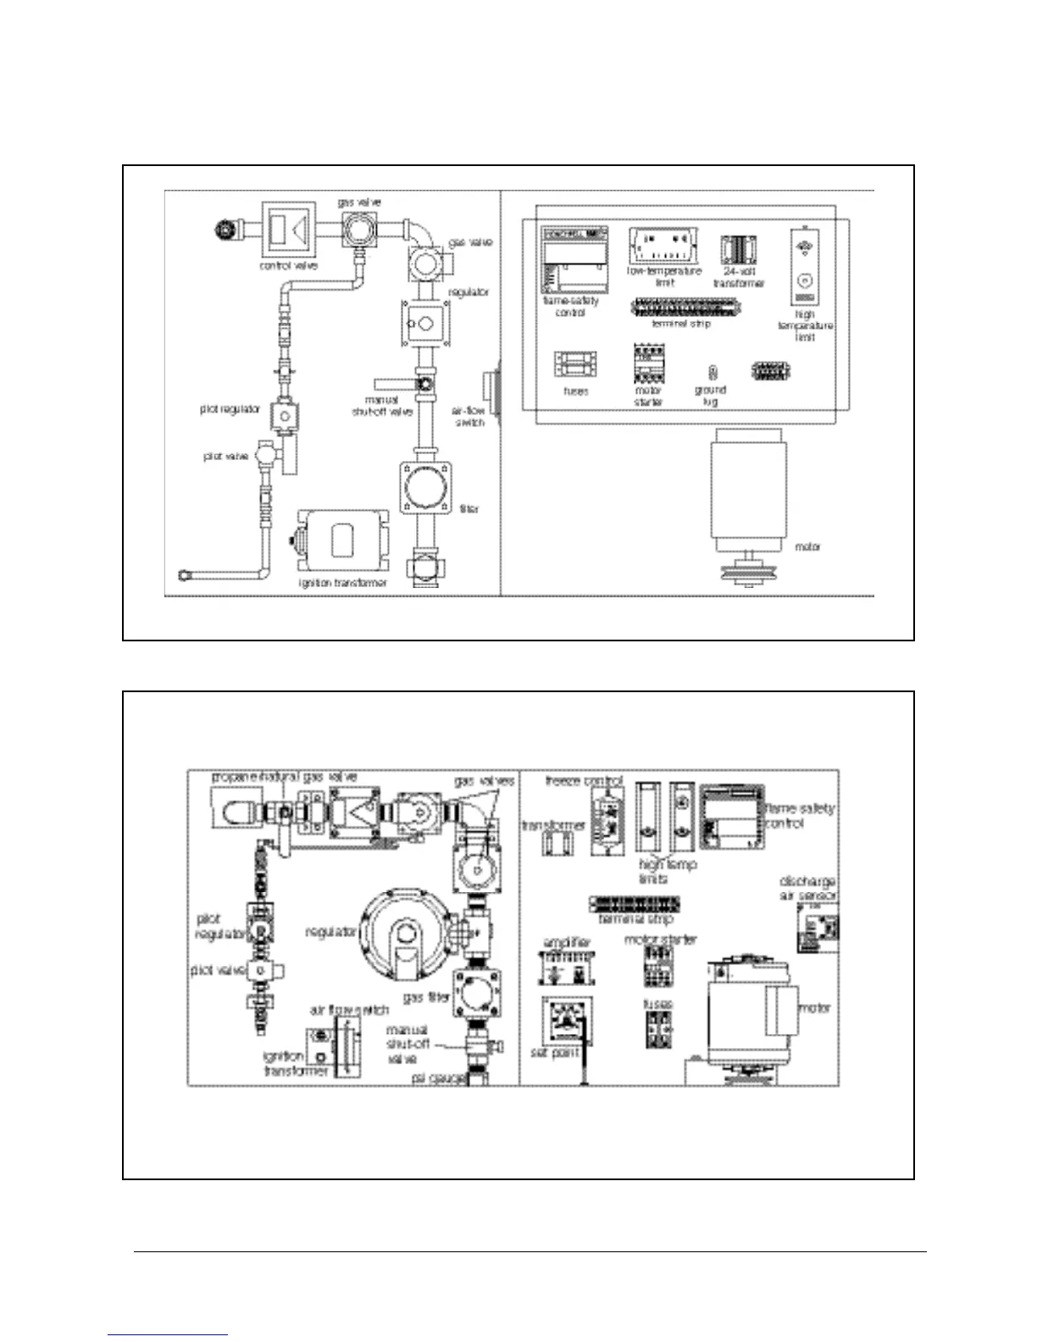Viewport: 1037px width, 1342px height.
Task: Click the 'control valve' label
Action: click(x=288, y=266)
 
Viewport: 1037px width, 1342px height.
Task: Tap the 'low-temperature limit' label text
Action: click(x=664, y=277)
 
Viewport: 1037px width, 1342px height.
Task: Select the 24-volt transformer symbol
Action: click(x=738, y=249)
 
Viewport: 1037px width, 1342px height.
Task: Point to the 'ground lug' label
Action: click(x=710, y=396)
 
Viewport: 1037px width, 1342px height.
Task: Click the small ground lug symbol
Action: click(x=713, y=372)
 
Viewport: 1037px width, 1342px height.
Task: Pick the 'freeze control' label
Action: click(x=584, y=780)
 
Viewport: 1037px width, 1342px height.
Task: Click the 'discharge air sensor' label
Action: click(x=807, y=888)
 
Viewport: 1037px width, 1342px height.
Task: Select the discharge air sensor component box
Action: click(x=817, y=929)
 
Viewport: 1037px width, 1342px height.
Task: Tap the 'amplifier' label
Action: click(x=567, y=942)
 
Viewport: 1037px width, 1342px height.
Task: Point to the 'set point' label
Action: click(x=555, y=1052)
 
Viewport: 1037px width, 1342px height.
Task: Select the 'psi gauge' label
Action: click(x=438, y=1079)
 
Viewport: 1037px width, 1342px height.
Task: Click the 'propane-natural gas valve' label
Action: click(x=284, y=777)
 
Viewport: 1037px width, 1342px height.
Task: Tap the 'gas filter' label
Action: click(x=425, y=998)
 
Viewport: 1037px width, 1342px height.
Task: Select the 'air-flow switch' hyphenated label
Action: click(x=469, y=416)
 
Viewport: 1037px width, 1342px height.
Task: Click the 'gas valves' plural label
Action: click(x=484, y=781)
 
